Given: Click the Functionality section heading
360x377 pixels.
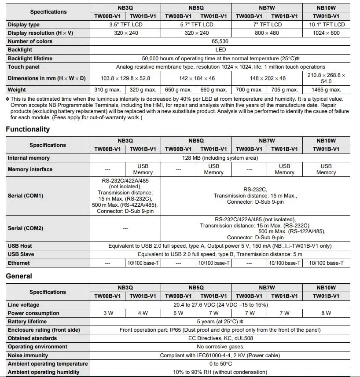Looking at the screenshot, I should coord(28,129).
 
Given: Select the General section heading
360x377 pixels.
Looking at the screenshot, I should coord(19,276).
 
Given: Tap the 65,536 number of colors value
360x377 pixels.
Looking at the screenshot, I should coord(220,41).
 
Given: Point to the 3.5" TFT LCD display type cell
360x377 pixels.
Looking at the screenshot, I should coord(125,25).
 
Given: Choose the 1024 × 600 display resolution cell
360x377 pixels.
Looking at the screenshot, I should coord(326,33).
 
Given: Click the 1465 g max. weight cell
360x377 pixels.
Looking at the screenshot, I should coord(326,90).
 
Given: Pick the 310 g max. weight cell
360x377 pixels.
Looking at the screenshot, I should coord(107,90).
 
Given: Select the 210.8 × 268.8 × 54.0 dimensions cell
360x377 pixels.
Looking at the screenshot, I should coord(326,78).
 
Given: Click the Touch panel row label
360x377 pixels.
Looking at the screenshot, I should coord(23,67).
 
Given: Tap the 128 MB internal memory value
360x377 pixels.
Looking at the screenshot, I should coord(220,158).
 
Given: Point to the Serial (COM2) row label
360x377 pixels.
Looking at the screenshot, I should coord(25,228).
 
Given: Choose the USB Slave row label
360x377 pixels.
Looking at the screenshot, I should coord(21,254).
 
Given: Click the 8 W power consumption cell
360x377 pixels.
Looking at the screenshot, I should coord(326,313).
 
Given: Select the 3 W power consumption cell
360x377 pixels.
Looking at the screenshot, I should coord(107,313).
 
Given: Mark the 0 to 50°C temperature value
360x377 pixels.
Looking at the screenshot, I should coord(220,364).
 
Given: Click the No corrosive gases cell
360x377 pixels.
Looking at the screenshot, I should coord(220,347).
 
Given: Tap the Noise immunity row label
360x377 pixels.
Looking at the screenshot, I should coord(28,355).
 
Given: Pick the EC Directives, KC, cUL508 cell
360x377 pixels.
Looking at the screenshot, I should coord(220,338).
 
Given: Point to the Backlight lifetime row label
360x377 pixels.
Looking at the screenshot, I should coord(30,59).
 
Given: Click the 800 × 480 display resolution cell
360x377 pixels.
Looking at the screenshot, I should coord(267,33).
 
